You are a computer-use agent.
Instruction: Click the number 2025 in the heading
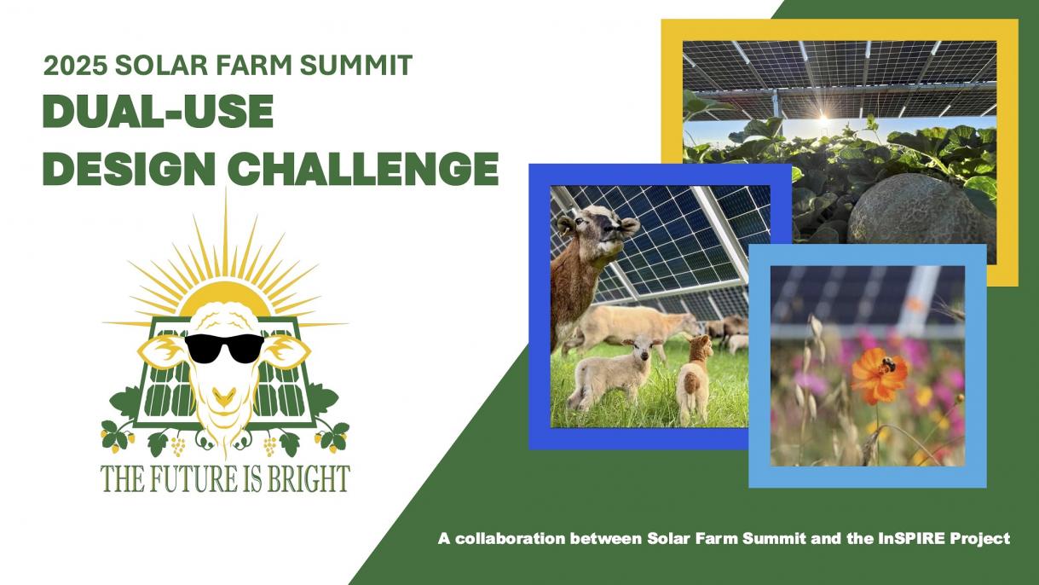pyautogui.click(x=75, y=65)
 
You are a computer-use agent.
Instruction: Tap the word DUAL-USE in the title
pyautogui.click(x=159, y=112)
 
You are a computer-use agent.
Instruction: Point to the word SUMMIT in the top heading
pyautogui.click(x=356, y=65)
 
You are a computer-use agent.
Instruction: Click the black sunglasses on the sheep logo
pyautogui.click(x=224, y=347)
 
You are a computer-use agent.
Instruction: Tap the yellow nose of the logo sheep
pyautogui.click(x=224, y=397)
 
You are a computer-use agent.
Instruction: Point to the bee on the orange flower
pyautogui.click(x=888, y=365)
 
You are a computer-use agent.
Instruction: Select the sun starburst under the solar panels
pyautogui.click(x=823, y=116)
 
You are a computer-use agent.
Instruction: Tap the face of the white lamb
pyautogui.click(x=642, y=349)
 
